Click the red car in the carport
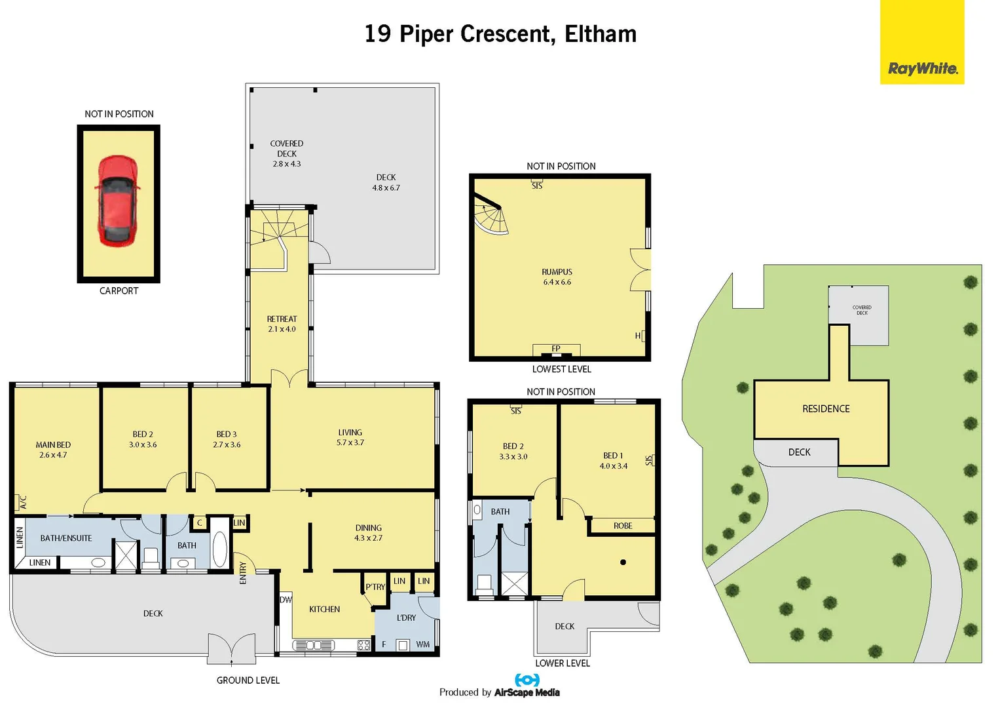pyautogui.click(x=118, y=201)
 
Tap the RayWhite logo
pyautogui.click(x=922, y=68)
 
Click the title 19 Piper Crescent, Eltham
pyautogui.click(x=500, y=34)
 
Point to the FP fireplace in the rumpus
pyautogui.click(x=556, y=349)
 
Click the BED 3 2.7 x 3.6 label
pyautogui.click(x=227, y=439)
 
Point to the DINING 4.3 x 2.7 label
pyautogui.click(x=368, y=532)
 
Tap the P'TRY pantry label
pyautogui.click(x=375, y=587)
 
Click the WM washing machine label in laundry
pyautogui.click(x=423, y=644)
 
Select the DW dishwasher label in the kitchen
pyautogui.click(x=286, y=600)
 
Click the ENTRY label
pyautogui.click(x=243, y=572)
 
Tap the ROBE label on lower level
pyautogui.click(x=623, y=526)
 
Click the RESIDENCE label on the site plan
pyautogui.click(x=826, y=408)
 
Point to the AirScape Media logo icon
pyautogui.click(x=527, y=680)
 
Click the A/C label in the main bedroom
pyautogui.click(x=23, y=503)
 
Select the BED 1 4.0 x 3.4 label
pyautogui.click(x=613, y=460)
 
